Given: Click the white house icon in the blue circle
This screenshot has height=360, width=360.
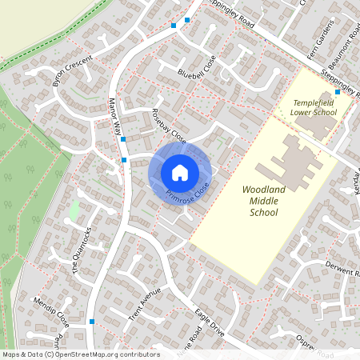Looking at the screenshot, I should click(180, 172).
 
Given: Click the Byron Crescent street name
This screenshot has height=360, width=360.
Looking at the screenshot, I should click(68, 71).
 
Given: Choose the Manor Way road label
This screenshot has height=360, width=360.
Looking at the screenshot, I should click(114, 116).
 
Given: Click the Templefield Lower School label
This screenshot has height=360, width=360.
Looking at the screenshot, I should click(314, 108).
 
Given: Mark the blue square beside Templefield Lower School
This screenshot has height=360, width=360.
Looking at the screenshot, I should click(338, 92).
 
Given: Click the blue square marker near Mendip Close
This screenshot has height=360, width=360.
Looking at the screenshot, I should click(93, 322).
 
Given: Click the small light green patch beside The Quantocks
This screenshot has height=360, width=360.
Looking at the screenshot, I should click(74, 211).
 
